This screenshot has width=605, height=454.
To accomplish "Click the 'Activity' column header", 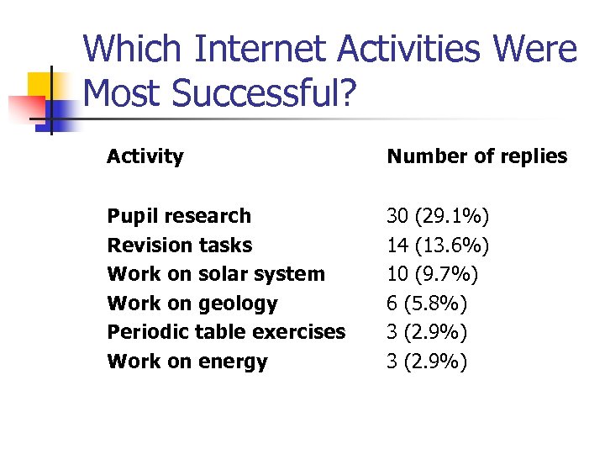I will pyautogui.click(x=145, y=156).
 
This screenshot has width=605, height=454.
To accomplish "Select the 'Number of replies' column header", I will pyautogui.click(x=476, y=156).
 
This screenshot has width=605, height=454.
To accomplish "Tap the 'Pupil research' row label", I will pyautogui.click(x=179, y=216).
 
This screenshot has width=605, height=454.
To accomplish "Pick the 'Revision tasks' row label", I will pyautogui.click(x=179, y=245).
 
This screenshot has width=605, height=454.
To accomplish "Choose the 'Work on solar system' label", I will pyautogui.click(x=216, y=274).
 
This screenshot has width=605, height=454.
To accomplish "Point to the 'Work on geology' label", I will pyautogui.click(x=192, y=304).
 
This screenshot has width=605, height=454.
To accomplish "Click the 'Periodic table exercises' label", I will pyautogui.click(x=226, y=332).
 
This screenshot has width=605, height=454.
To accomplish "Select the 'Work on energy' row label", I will pyautogui.click(x=187, y=362).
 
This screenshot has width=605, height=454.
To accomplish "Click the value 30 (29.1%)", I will pyautogui.click(x=438, y=216).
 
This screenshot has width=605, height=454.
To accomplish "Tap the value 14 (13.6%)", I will pyautogui.click(x=438, y=245).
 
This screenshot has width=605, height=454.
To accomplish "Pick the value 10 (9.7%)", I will pyautogui.click(x=432, y=274).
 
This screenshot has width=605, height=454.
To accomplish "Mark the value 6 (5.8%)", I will pyautogui.click(x=427, y=304).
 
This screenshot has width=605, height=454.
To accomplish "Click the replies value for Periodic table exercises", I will pyautogui.click(x=427, y=332).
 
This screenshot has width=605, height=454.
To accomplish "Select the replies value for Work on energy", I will pyautogui.click(x=427, y=362).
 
